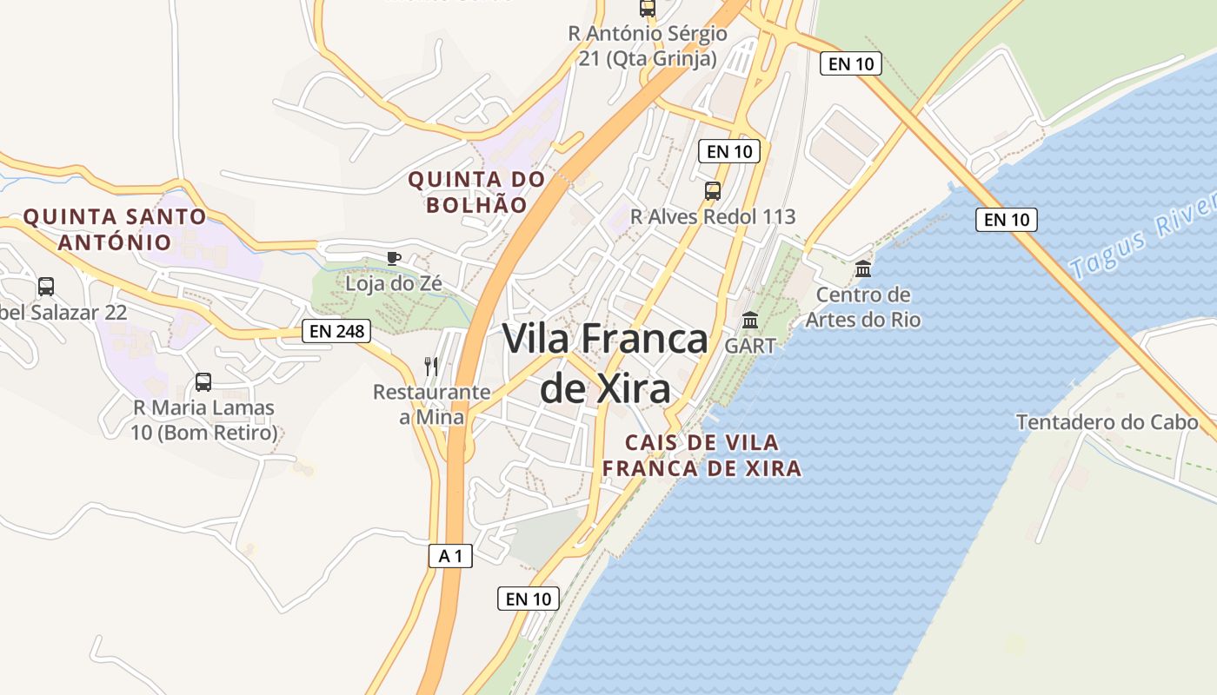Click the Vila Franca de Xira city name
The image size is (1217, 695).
[x=606, y=363]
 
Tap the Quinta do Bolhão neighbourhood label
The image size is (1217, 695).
[x=477, y=192]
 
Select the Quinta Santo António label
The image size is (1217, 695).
[x=115, y=228]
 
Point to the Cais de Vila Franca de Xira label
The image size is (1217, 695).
[x=702, y=455]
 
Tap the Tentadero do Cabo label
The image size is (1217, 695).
[x=1107, y=422]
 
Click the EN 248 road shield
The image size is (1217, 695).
[x=337, y=330]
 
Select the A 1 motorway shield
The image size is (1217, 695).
[x=450, y=556]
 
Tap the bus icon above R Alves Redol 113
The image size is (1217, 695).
[x=713, y=191]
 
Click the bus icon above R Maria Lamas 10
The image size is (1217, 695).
[x=203, y=381]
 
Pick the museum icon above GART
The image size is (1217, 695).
[x=750, y=321]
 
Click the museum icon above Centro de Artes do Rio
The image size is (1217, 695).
[x=863, y=269]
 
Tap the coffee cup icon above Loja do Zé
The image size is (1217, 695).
[x=394, y=258]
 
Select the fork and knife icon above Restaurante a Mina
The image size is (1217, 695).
[x=431, y=366]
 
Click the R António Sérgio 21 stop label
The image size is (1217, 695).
[x=648, y=46]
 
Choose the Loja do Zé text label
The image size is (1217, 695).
[x=394, y=283]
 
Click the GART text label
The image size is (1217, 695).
[x=750, y=345]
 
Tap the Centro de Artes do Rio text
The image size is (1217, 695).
[x=862, y=307]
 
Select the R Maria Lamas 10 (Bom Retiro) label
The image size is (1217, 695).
[x=203, y=420]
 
